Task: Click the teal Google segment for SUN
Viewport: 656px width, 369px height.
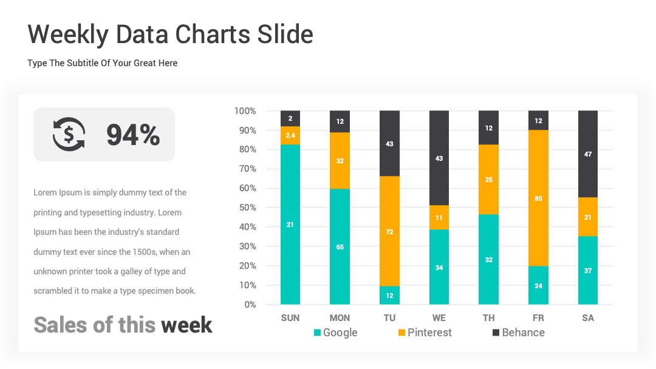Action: (290, 225)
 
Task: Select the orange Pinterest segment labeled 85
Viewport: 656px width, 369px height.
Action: (538, 198)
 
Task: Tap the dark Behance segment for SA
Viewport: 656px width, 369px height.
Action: (588, 154)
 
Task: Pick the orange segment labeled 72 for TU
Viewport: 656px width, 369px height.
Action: (389, 231)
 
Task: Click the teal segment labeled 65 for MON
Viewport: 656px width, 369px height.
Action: (340, 246)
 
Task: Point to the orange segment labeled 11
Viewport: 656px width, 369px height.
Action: (439, 217)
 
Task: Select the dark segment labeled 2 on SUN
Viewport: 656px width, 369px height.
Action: (290, 118)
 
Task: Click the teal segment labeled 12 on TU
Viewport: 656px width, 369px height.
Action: (389, 296)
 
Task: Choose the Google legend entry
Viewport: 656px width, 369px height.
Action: (335, 333)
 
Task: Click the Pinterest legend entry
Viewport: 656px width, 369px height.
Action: (425, 333)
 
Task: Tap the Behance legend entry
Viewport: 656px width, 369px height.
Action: (518, 333)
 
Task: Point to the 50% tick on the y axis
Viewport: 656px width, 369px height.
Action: (247, 208)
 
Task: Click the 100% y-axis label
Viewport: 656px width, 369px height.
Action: (245, 110)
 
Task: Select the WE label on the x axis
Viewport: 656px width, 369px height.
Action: (439, 318)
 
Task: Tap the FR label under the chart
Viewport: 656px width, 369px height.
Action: (538, 318)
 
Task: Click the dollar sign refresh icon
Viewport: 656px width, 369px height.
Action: (69, 134)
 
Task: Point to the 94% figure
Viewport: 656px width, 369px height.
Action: (133, 135)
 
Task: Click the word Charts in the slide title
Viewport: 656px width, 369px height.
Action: (212, 34)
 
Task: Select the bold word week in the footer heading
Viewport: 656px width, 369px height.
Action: (186, 325)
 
